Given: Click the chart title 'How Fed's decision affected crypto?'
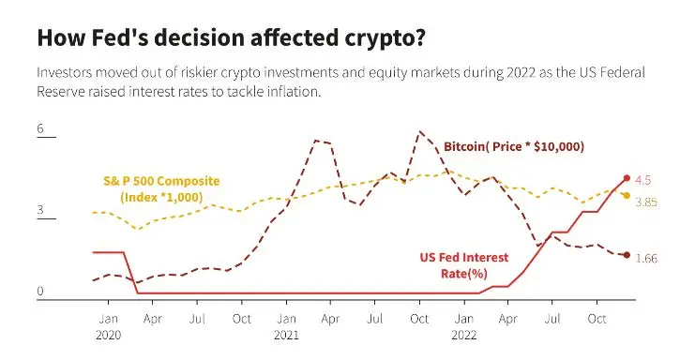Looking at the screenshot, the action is click(x=231, y=38).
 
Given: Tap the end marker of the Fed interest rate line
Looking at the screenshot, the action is click(x=627, y=178).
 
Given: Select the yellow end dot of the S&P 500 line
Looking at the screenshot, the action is click(x=627, y=195).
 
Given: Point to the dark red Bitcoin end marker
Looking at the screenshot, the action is click(x=627, y=255).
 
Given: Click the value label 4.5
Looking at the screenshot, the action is click(x=643, y=180).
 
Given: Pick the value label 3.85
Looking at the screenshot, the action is click(x=646, y=202).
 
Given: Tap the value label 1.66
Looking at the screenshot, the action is click(x=646, y=258).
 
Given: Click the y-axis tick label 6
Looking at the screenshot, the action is click(x=40, y=128).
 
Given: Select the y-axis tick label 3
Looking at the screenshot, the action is click(x=40, y=209).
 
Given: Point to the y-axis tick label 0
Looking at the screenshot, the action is click(x=40, y=291).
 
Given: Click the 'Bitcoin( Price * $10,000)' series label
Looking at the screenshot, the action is click(x=514, y=146).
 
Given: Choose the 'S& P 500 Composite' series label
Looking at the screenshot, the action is click(x=161, y=181).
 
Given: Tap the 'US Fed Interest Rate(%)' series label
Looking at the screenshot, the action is click(x=464, y=265).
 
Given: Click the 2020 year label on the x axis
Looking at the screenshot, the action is click(x=108, y=336).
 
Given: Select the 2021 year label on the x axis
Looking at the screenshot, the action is click(x=286, y=336).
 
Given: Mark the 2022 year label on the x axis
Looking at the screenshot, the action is click(x=464, y=336).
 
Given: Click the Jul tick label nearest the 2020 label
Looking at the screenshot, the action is click(x=197, y=319).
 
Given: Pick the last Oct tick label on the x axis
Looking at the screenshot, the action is click(x=597, y=319).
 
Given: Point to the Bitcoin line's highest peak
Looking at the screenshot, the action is click(x=420, y=131).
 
